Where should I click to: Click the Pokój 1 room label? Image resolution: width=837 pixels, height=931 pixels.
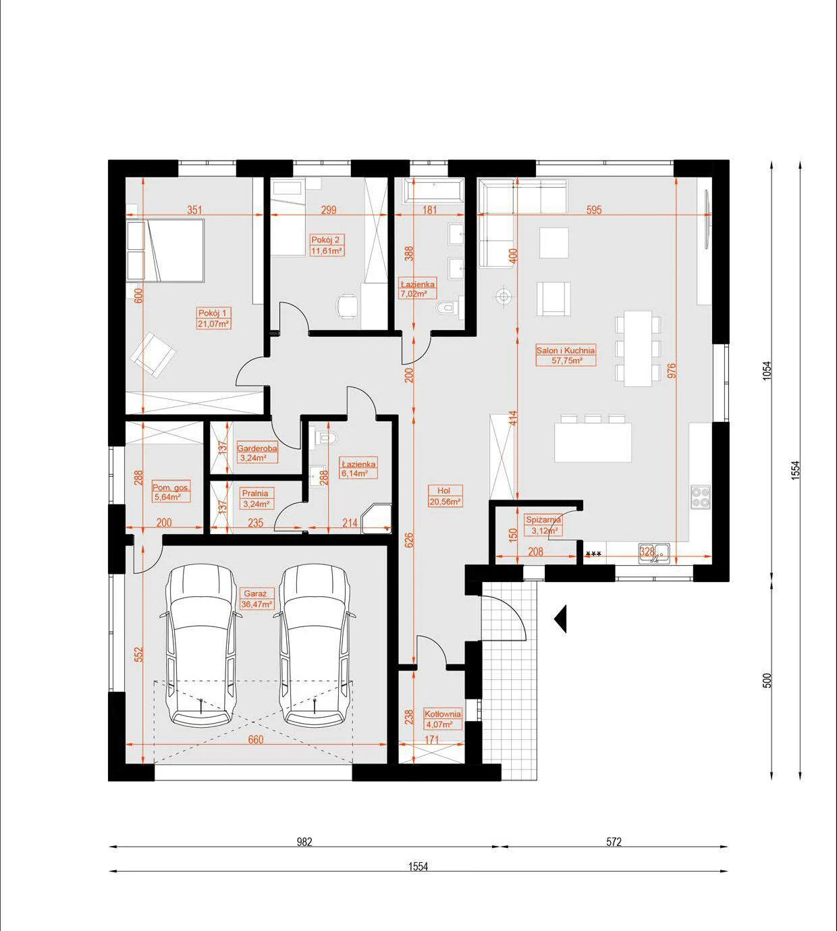click(212, 313)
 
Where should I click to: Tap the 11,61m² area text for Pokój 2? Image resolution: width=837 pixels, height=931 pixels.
click(327, 251)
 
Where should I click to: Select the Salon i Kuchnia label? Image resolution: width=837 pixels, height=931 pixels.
click(566, 350)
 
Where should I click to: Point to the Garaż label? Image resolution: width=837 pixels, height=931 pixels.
click(255, 593)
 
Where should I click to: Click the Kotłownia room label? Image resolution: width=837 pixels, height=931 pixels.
click(443, 714)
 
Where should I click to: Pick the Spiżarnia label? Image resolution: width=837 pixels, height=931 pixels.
click(543, 520)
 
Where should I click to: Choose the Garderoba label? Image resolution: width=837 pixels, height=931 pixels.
click(257, 448)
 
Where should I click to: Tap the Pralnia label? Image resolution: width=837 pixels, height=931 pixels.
click(255, 494)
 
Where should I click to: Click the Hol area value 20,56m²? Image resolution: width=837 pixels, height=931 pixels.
click(445, 501)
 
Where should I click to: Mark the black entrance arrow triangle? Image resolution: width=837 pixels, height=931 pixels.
click(561, 618)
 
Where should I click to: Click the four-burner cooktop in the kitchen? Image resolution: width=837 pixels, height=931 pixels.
click(700, 496)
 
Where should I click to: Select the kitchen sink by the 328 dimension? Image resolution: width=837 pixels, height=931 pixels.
click(654, 553)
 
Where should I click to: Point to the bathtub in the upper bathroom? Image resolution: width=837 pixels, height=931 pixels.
click(433, 190)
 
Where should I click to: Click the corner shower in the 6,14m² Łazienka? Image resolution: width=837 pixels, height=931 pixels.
click(377, 518)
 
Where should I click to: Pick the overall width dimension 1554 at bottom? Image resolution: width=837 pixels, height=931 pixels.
click(418, 866)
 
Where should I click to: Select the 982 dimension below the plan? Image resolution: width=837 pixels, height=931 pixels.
click(304, 842)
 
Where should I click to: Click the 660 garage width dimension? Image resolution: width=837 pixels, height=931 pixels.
click(256, 739)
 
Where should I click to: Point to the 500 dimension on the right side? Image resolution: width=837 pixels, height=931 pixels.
click(767, 681)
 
